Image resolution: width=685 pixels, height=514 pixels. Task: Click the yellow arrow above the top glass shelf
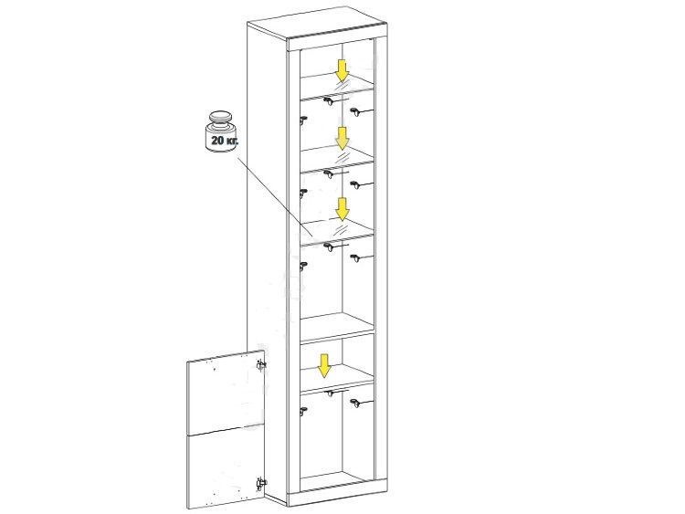click(x=342, y=70)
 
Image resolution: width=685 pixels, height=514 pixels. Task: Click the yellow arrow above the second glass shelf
click(x=342, y=138)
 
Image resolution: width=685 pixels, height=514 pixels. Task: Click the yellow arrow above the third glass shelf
click(x=342, y=209)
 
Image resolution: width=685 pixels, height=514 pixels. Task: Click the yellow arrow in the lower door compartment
click(x=323, y=366)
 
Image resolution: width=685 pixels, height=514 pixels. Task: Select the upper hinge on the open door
click(x=261, y=364)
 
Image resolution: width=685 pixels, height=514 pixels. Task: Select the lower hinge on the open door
click(x=261, y=483)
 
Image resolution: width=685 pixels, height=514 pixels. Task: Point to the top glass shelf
click(x=337, y=87)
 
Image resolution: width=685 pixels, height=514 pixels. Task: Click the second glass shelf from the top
click(x=337, y=159)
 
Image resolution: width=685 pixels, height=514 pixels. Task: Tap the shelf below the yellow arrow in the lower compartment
click(x=337, y=377)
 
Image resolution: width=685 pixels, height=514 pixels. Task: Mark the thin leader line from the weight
click(x=275, y=197)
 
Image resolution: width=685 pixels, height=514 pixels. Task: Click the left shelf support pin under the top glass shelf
click(x=303, y=120)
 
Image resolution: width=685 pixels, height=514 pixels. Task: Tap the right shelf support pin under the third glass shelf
click(x=357, y=258)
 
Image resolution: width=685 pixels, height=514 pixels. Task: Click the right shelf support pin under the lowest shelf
click(x=357, y=404)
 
